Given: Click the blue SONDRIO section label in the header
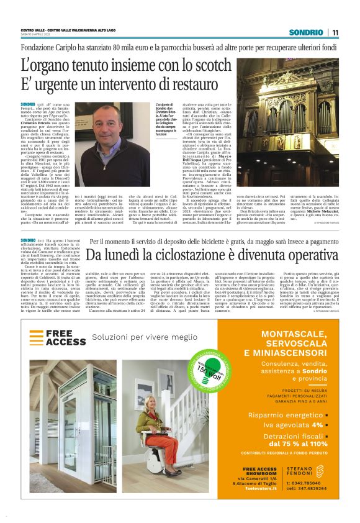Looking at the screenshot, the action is [310, 32].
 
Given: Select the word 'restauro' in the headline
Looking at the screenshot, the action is [183, 82].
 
